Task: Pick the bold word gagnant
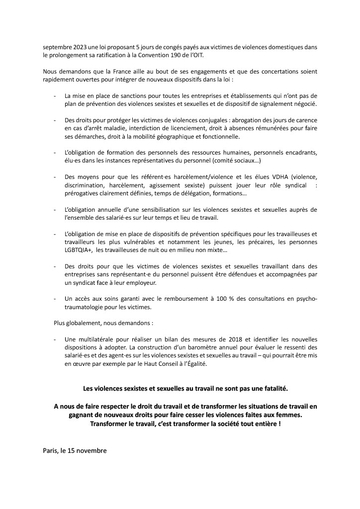(x=83, y=415)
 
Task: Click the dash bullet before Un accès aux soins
(x=55, y=298)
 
